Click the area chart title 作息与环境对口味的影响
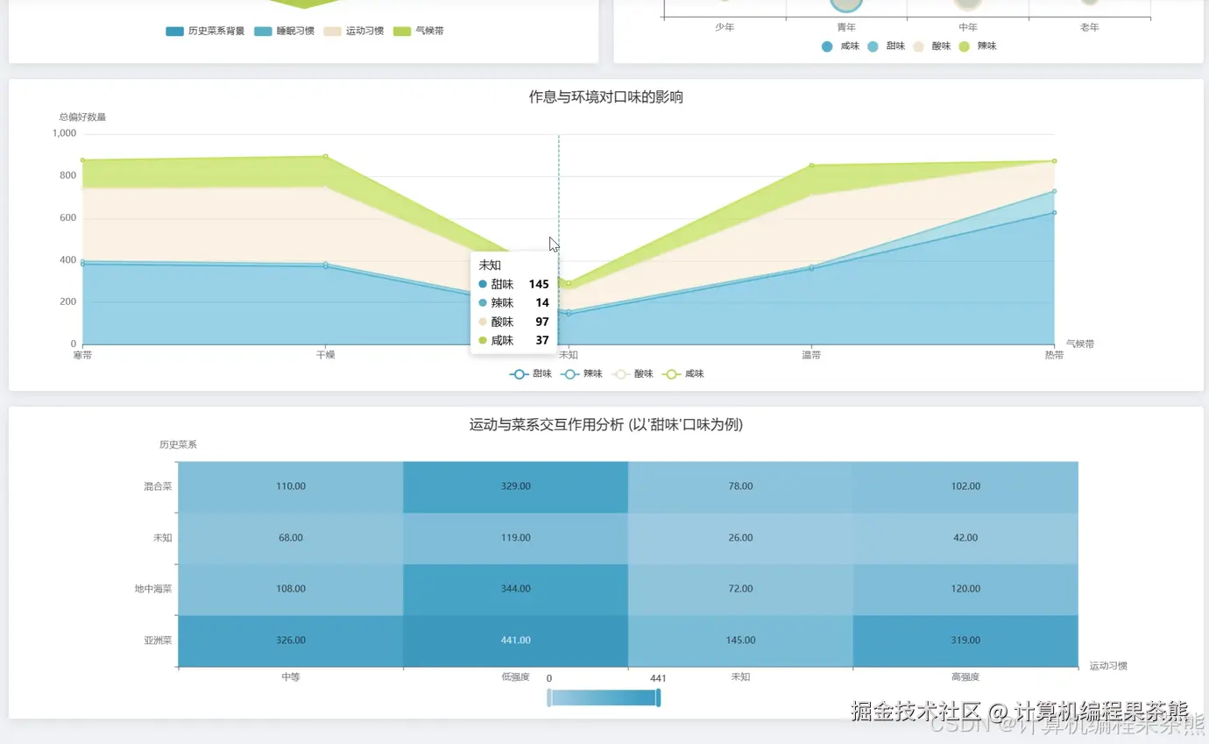tap(605, 97)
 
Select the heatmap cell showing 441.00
tap(515, 641)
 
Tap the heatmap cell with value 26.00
tap(740, 538)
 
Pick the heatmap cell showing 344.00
tap(515, 589)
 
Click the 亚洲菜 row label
tap(158, 641)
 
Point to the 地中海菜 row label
tap(153, 589)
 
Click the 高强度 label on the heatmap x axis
tap(965, 677)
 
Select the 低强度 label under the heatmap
tap(515, 677)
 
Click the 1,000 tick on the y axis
tap(65, 133)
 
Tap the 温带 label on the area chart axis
tap(811, 355)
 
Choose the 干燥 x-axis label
tap(325, 355)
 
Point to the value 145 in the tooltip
tap(539, 284)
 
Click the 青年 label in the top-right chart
tap(846, 27)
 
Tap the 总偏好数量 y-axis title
tap(82, 117)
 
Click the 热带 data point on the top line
tap(1054, 161)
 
